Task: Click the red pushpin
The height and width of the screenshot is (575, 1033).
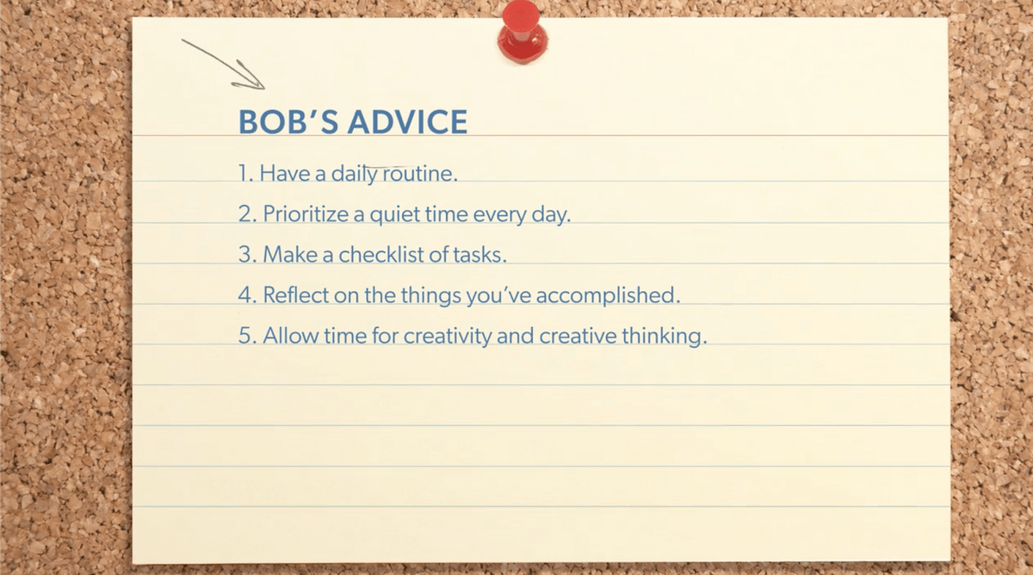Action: (x=522, y=32)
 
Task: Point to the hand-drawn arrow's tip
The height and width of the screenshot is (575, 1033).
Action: (x=264, y=89)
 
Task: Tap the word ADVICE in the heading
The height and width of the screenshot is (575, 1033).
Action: (x=407, y=122)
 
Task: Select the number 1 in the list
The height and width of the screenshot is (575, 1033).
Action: (x=243, y=173)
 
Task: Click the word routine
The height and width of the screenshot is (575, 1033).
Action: (x=420, y=173)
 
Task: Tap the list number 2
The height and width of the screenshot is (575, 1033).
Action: (x=244, y=214)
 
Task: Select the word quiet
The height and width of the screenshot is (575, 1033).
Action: (x=395, y=215)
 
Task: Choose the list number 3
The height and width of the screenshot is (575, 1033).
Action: (x=244, y=255)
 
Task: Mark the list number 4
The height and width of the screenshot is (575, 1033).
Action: (x=244, y=295)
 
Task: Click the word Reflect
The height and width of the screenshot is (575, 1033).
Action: (x=295, y=294)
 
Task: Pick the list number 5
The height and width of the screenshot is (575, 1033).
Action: (x=244, y=336)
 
